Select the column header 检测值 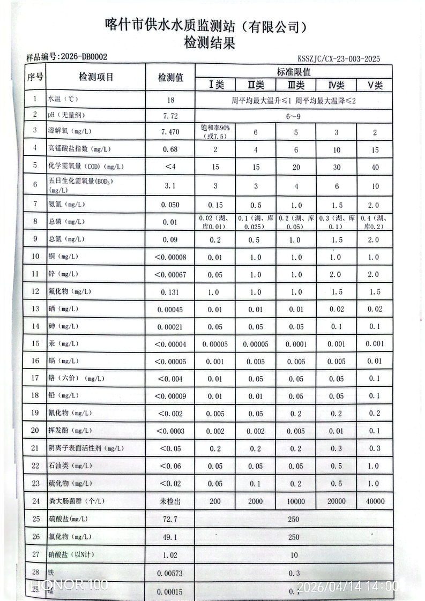point(170,78)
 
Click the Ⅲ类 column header point(296,85)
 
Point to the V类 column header point(375,85)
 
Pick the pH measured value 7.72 point(170,115)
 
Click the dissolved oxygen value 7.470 point(170,131)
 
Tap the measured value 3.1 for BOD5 point(170,186)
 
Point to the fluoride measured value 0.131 point(170,292)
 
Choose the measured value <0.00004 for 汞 point(170,344)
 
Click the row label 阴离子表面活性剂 point(86,448)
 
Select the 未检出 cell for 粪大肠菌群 point(170,501)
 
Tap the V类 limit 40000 point(375,501)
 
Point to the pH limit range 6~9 point(294,115)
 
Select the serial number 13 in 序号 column point(35,309)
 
